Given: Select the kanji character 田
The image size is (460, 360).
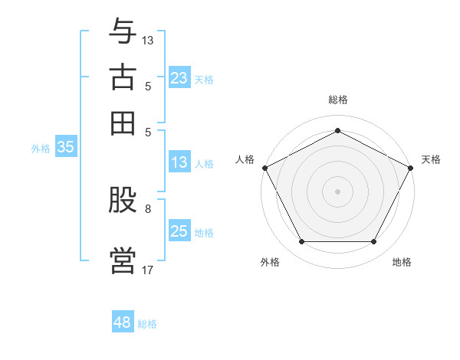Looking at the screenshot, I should (123, 123).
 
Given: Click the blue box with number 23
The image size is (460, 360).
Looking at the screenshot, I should (179, 78).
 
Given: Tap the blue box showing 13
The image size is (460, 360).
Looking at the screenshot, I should (179, 162).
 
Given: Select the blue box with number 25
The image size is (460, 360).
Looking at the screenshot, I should (179, 231).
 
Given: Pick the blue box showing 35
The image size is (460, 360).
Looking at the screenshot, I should (65, 148).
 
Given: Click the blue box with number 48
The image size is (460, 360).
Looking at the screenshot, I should (123, 322).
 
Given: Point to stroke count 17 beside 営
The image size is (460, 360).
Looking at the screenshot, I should (147, 269).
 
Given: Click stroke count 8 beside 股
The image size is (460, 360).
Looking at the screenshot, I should (148, 208).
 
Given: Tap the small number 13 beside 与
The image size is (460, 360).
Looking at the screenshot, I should (148, 39).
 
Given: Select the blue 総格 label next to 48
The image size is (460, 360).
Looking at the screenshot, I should (147, 324).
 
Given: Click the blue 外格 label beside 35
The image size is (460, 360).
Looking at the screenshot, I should (41, 149).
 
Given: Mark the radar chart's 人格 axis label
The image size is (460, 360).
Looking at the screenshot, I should (245, 159).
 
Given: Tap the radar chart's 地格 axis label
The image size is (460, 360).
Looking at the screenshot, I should (402, 262).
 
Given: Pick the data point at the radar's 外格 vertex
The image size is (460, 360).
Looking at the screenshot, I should (301, 242).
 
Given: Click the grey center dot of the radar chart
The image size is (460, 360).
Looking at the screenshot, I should (337, 191).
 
